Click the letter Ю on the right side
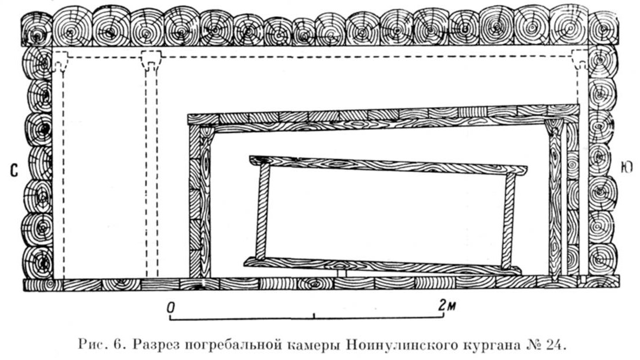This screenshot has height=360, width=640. coord(627,168)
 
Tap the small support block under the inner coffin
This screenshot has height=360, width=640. coord(341,272)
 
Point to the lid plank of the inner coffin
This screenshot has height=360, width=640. coord(387,165)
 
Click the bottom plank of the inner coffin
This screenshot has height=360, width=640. coord(382,265)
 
